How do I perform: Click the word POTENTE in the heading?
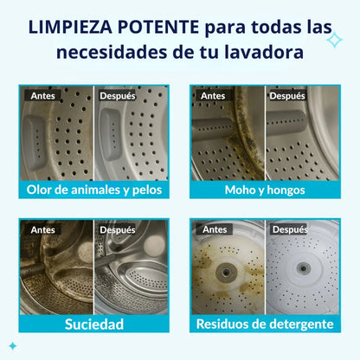(x=157, y=27)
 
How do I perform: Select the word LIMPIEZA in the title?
(x=70, y=27)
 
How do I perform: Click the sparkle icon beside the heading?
(x=335, y=40)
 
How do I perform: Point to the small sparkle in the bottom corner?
(x=13, y=346)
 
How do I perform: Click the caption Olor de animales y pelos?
(x=94, y=190)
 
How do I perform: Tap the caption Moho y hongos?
(x=265, y=190)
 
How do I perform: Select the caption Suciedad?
(x=94, y=324)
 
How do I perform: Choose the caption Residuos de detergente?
(x=265, y=324)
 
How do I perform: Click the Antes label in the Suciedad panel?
(x=42, y=230)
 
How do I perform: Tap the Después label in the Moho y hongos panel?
(x=287, y=96)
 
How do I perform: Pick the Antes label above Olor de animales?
(x=42, y=95)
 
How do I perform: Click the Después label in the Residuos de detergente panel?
(x=290, y=229)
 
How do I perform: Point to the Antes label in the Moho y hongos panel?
(x=213, y=96)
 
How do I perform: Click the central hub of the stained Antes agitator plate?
(x=227, y=272)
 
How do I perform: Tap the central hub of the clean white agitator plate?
(x=304, y=268)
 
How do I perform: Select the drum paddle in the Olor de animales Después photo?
(x=110, y=134)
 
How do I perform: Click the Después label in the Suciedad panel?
(x=118, y=230)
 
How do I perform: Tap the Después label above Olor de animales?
(x=118, y=95)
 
